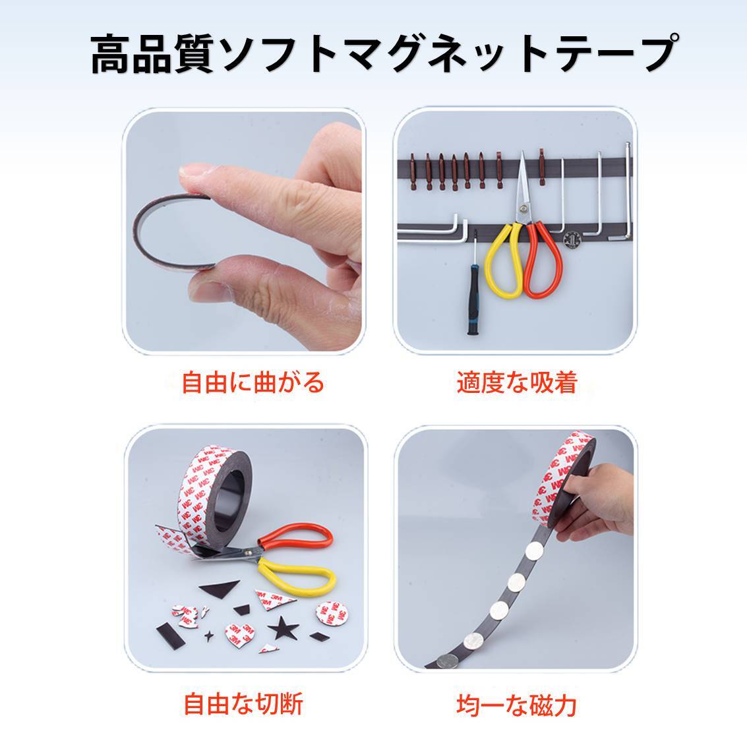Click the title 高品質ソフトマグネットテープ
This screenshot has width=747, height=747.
[x=384, y=53]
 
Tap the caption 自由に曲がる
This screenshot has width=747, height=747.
[x=253, y=382]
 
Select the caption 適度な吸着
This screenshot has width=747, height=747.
[x=518, y=382]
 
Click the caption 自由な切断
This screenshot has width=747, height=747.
[x=243, y=704]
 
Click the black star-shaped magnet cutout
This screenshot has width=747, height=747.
[x=284, y=628]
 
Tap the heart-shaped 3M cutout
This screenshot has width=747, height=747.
[x=239, y=634]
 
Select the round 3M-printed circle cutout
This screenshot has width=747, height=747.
[x=332, y=614]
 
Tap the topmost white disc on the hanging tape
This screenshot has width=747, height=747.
[x=535, y=553]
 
